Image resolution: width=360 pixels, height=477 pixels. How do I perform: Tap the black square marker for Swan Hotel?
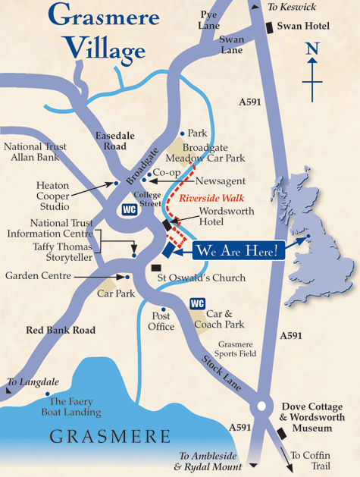point(269,28)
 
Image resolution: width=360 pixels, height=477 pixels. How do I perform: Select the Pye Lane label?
point(208,19)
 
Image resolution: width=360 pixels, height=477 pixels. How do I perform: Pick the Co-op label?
point(167,172)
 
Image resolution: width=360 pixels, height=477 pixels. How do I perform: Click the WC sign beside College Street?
point(130,210)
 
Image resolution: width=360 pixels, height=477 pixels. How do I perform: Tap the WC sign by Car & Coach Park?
point(198,304)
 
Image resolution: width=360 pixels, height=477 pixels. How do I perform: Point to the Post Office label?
point(162,321)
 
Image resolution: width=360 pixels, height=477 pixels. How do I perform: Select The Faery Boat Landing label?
point(73,407)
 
